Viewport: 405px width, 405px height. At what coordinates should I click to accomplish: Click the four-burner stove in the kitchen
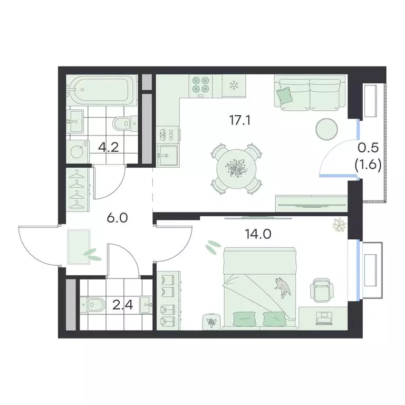200,85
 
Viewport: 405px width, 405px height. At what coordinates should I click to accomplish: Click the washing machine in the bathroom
79,151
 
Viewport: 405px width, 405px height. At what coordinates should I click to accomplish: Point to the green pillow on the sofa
285,95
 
